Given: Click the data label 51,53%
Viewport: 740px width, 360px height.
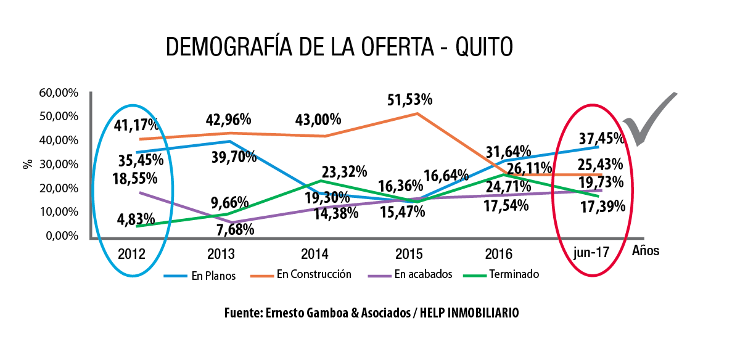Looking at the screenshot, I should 409,99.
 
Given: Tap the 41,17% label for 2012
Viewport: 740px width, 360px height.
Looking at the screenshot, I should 136,126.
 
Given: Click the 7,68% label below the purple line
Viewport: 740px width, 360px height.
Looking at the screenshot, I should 234,229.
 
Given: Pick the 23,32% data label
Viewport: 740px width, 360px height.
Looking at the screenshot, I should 344,171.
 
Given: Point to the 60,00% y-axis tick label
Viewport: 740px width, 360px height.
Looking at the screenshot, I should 59,93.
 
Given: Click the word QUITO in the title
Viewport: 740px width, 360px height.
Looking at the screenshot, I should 483,47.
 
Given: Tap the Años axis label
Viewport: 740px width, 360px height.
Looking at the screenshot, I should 645,251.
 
